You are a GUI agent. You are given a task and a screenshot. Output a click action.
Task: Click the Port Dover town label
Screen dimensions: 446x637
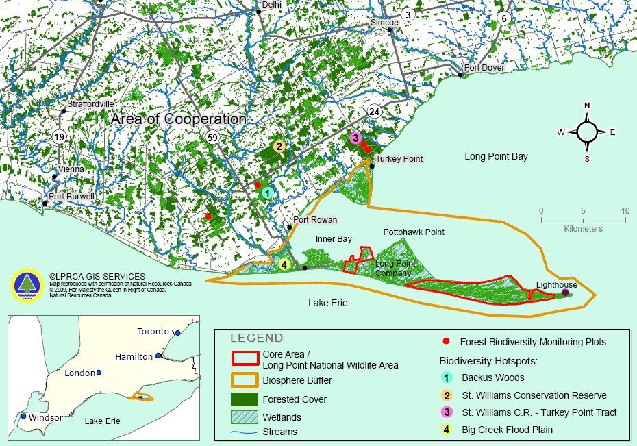pos(484,68)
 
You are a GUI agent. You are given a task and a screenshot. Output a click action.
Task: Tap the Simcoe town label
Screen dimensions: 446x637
pos(384,22)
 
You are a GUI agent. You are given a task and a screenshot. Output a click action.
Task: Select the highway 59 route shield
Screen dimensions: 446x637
pos(213,138)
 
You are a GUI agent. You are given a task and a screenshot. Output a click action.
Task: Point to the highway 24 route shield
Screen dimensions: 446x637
pos(374,111)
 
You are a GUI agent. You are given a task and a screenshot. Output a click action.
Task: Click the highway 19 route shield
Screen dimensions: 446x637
pos(60,137)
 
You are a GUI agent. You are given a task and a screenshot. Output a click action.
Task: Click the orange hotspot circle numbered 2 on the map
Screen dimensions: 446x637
pos(279,146)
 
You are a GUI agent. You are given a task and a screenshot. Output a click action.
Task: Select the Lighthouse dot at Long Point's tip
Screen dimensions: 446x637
pos(565,293)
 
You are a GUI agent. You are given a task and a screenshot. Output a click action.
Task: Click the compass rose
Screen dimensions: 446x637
pos(587,132)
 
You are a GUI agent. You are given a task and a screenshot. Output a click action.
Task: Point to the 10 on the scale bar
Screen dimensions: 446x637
pos(625,211)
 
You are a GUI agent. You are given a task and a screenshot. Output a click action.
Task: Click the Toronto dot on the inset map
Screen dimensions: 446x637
pos(177,333)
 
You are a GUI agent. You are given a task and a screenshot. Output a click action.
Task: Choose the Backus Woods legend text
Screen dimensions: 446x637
pos(492,377)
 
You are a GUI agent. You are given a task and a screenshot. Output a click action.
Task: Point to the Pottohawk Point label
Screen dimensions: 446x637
pos(414,232)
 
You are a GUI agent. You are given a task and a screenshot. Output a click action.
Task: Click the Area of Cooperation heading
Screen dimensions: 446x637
pos(178,119)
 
